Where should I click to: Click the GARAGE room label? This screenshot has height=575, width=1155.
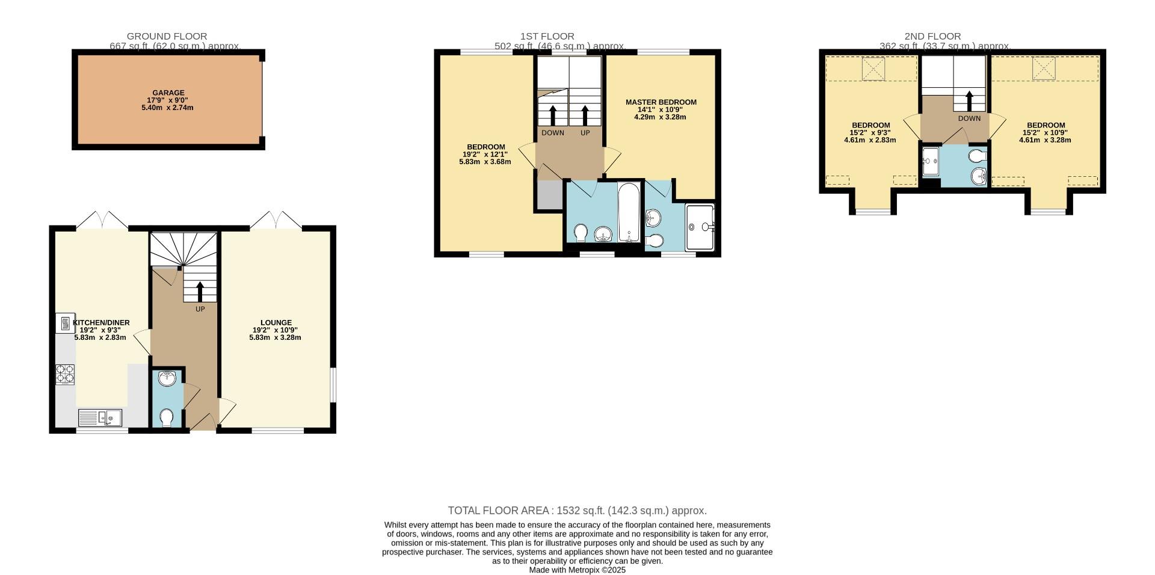168,93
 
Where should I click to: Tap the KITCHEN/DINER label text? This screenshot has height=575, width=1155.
101,322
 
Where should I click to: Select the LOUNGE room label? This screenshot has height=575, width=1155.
276,322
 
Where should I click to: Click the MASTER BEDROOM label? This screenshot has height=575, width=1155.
661,102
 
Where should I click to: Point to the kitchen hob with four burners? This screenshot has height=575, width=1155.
65,374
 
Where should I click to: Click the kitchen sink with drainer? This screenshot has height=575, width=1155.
100,417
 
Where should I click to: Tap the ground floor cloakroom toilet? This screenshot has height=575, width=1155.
167,417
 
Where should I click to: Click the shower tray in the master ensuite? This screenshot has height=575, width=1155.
700,227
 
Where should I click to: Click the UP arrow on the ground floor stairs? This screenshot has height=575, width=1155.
200,292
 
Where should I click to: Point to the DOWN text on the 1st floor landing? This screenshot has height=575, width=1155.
552,133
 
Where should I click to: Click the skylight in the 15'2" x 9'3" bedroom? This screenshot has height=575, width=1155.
873,69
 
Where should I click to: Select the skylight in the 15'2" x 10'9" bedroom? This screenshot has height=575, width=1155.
1045,68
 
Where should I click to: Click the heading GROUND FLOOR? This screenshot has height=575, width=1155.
167,36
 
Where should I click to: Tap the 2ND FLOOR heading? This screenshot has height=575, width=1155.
932,36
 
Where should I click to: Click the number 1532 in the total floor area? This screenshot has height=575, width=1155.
568,511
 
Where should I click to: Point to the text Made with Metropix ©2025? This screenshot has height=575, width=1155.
577,570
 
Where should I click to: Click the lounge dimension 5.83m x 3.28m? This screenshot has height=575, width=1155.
275,337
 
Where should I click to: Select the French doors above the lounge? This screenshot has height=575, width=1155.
276,220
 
